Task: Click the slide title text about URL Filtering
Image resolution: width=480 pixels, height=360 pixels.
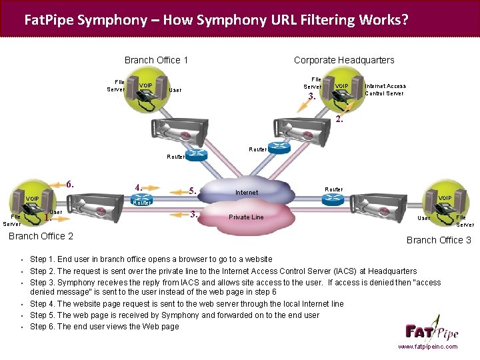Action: pos(216,19)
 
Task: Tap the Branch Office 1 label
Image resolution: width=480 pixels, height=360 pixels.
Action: pos(156,60)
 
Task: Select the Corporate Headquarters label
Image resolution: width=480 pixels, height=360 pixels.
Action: pos(344,60)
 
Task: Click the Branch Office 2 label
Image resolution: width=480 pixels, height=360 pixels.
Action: pos(41,236)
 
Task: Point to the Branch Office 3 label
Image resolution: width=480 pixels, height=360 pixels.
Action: pos(438,240)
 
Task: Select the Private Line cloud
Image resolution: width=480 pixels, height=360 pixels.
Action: pos(246,217)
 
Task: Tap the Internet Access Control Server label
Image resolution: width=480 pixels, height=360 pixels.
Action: pos(385,89)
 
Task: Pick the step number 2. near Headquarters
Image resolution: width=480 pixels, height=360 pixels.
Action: pos(340,120)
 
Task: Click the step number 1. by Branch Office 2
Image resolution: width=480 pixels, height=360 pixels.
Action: pos(47,217)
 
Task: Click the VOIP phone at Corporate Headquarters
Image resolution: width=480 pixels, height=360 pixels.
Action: pos(342,93)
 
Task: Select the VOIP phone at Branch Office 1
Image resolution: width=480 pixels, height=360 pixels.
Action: pos(146,93)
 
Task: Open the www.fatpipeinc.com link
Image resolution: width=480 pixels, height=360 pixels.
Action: pos(427,347)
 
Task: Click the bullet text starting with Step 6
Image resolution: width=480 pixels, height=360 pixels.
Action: pos(105,327)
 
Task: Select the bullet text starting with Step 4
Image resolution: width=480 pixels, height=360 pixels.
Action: pos(187,304)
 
